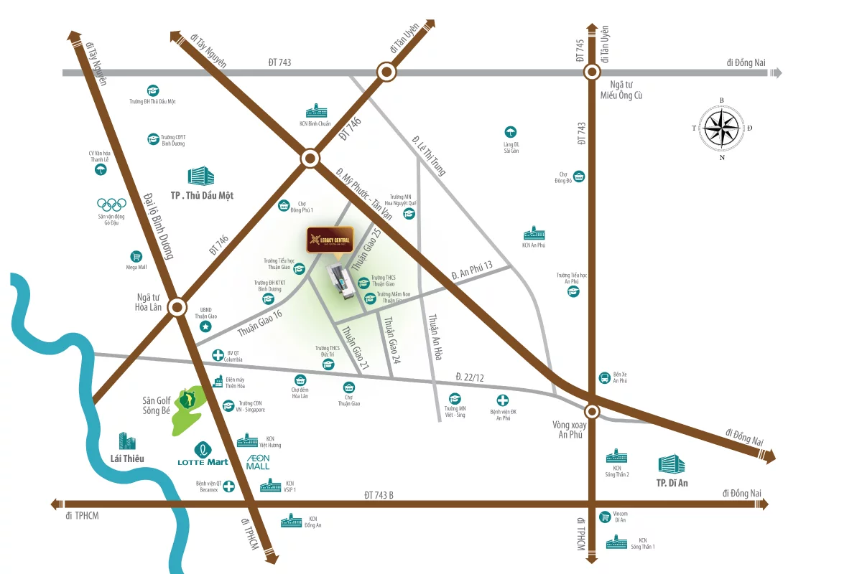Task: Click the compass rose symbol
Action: click(x=722, y=129)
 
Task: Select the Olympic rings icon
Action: click(x=111, y=204)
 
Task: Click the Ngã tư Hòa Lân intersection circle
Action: click(x=177, y=308)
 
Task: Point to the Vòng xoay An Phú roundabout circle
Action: click(x=592, y=411)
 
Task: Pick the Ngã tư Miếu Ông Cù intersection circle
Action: click(x=592, y=72)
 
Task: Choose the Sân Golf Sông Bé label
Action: click(x=155, y=405)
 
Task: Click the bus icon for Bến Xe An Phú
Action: click(x=604, y=377)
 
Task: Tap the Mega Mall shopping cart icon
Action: click(x=136, y=256)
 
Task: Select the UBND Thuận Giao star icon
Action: click(x=205, y=327)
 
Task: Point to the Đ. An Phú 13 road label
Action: click(x=472, y=270)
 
